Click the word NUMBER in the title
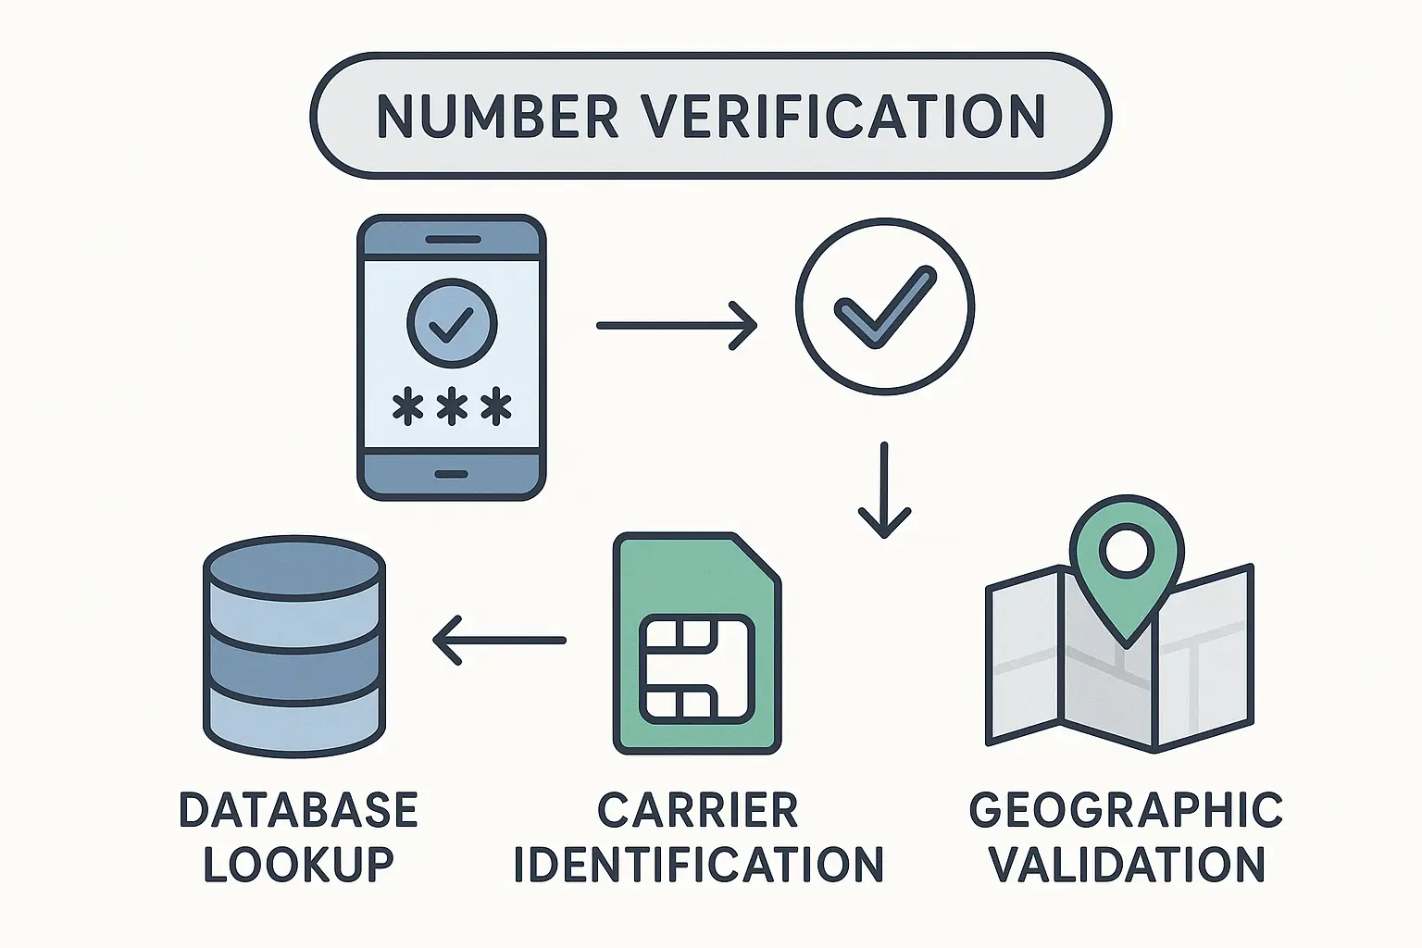[498, 116]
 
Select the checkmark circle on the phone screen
[452, 324]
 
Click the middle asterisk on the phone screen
[452, 407]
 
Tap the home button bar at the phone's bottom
[452, 474]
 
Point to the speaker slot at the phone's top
[452, 239]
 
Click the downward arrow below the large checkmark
[884, 491]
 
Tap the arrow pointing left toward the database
[500, 640]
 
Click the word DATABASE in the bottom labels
[298, 810]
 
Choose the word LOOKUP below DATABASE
[298, 864]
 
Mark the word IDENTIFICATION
[698, 864]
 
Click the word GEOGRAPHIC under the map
[1126, 810]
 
